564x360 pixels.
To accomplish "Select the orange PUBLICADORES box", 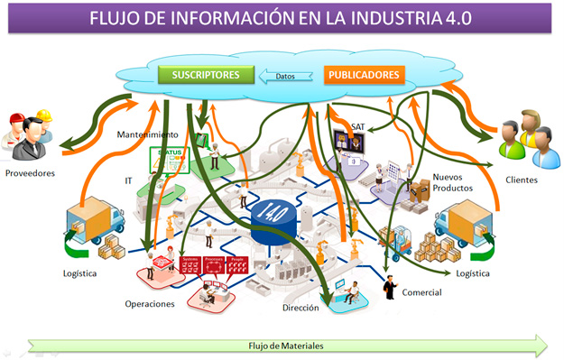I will pyautogui.click(x=365, y=75).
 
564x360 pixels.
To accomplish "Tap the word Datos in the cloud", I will pyautogui.click(x=285, y=77).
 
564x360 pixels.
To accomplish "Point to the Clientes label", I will pyautogui.click(x=522, y=180).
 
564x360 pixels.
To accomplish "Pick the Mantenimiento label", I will pyautogui.click(x=146, y=134).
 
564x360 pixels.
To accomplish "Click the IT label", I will pyautogui.click(x=128, y=180).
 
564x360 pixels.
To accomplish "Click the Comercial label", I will pyautogui.click(x=421, y=292).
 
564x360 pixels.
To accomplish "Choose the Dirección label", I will pyautogui.click(x=300, y=308).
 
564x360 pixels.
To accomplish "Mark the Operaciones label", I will pyautogui.click(x=150, y=304).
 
